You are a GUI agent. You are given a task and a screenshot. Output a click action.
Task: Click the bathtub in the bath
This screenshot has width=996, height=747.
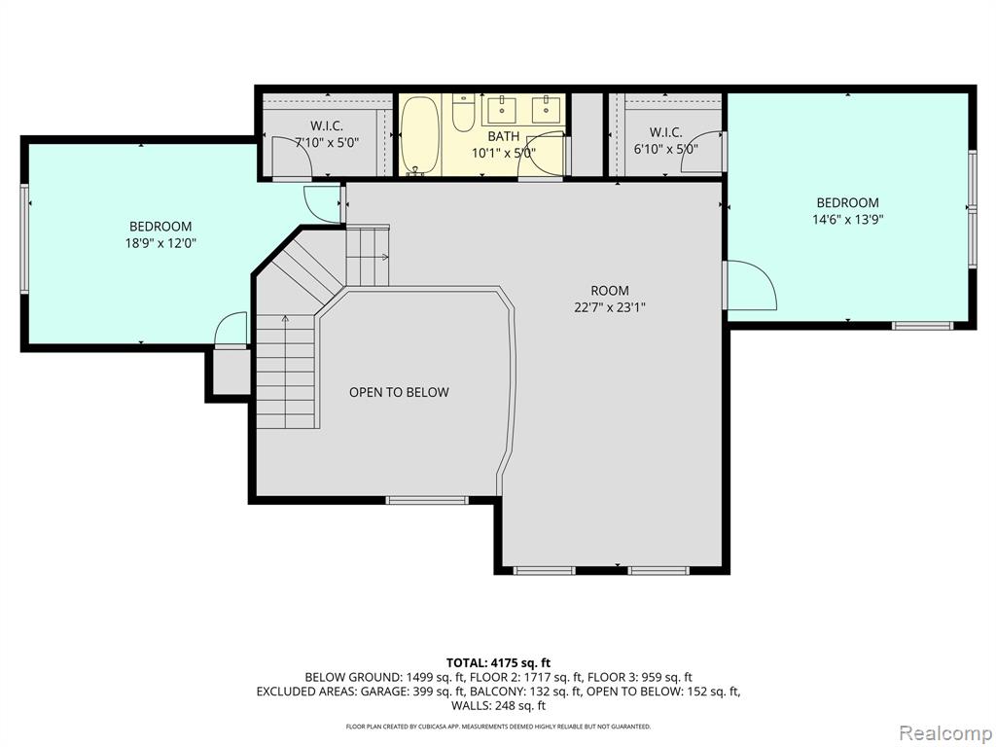pos(420,134)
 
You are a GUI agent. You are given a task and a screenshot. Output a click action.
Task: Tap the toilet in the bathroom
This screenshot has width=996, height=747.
pos(463,112)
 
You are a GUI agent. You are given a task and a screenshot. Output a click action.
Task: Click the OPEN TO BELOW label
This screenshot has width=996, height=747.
pos(399,393)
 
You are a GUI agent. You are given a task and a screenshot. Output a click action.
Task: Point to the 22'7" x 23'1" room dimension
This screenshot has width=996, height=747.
pos(610,307)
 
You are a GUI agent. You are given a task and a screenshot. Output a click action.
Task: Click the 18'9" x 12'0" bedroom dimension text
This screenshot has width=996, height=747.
pos(160,242)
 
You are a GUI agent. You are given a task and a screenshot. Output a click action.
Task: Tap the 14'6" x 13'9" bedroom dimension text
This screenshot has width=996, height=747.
pos(848,220)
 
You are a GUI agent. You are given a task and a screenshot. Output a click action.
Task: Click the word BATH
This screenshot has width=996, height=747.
pos(504,136)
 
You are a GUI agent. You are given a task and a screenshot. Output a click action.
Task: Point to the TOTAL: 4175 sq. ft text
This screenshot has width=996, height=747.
pos(499,663)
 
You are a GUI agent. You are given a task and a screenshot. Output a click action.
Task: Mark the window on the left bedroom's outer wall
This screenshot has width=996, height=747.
pos(24,238)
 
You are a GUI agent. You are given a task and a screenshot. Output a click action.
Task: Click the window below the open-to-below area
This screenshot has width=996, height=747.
pos(427,501)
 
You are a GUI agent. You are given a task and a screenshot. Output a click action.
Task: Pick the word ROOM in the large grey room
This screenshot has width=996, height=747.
pos(610,291)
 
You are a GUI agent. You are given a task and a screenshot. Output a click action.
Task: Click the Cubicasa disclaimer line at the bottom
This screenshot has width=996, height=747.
pos(499,726)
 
